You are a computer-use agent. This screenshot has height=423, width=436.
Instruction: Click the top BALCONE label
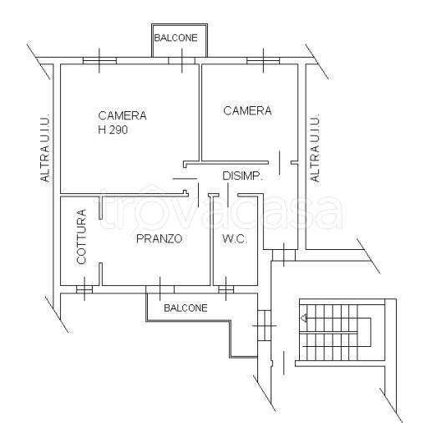tap(175, 38)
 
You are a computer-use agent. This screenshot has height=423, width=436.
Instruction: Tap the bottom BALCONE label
tap(185, 308)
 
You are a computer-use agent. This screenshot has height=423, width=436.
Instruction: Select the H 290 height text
tap(113, 130)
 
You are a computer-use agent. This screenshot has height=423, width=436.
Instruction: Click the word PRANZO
tap(160, 239)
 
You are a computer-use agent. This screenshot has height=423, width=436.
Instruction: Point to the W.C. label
tap(235, 239)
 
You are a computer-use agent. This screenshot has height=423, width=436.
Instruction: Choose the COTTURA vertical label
tap(82, 237)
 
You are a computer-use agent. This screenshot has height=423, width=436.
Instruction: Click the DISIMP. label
tap(243, 176)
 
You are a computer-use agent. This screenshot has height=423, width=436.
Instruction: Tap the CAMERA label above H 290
tap(122, 115)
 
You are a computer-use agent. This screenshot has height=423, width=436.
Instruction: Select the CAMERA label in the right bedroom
tap(247, 110)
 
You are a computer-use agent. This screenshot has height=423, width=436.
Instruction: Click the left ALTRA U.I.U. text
tap(45, 148)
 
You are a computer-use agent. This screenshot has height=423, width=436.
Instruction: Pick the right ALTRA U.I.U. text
tap(315, 148)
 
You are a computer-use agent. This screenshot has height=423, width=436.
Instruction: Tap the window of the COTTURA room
tap(84, 289)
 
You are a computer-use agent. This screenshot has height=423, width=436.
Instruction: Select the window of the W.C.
tap(226, 289)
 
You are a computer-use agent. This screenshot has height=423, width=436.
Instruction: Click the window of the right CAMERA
tap(263, 60)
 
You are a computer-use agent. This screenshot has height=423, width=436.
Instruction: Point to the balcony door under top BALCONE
tap(182, 60)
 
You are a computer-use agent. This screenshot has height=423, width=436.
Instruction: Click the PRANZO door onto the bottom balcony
tap(160, 289)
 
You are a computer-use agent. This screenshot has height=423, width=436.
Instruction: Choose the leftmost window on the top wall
tap(99, 60)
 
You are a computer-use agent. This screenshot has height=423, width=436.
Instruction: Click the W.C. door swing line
tap(228, 195)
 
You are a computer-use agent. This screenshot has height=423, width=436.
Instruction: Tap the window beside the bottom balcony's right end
tap(264, 325)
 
